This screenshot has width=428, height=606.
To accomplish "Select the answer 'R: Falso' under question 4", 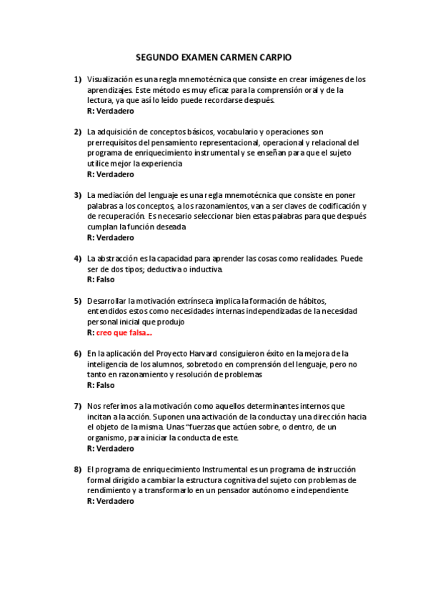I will (x=101, y=279).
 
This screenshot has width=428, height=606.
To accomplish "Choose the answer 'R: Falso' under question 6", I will (x=101, y=385).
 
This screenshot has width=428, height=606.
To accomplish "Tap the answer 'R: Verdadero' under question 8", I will (x=110, y=502).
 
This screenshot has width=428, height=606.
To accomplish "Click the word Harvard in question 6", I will (x=204, y=354).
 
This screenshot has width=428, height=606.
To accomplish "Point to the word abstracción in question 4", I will (x=119, y=259).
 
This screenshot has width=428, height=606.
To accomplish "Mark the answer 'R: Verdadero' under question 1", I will (x=110, y=111).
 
